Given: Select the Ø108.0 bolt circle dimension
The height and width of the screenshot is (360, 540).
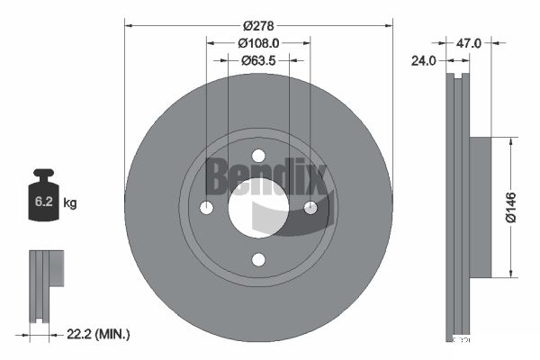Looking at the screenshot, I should [258, 42].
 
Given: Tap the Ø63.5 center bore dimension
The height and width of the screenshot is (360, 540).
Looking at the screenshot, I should [258, 61].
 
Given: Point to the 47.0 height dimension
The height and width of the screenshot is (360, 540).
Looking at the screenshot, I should [471, 42].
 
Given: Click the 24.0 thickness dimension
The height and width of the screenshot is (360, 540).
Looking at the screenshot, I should [424, 61].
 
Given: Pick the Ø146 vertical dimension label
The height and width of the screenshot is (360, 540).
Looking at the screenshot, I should [510, 207].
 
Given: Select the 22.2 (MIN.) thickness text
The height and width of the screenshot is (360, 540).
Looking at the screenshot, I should [99, 334].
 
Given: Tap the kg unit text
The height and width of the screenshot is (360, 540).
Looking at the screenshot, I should [70, 203].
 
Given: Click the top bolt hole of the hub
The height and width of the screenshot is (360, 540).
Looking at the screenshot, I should [258, 156].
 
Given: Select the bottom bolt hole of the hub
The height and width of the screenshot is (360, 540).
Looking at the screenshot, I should [258, 260].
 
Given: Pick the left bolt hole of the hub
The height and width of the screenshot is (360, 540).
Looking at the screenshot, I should [206, 208].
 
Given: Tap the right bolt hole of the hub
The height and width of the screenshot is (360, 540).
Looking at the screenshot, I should [310, 208].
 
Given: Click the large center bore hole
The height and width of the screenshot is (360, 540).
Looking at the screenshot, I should [258, 208].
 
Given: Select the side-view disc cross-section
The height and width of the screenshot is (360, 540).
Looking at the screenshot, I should [460, 207].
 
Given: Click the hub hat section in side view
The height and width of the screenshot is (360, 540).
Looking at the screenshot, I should [481, 207].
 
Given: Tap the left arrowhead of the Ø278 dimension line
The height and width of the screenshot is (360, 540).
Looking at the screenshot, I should [127, 25].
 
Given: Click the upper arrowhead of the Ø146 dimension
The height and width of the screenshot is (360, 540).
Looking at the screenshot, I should [510, 140].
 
